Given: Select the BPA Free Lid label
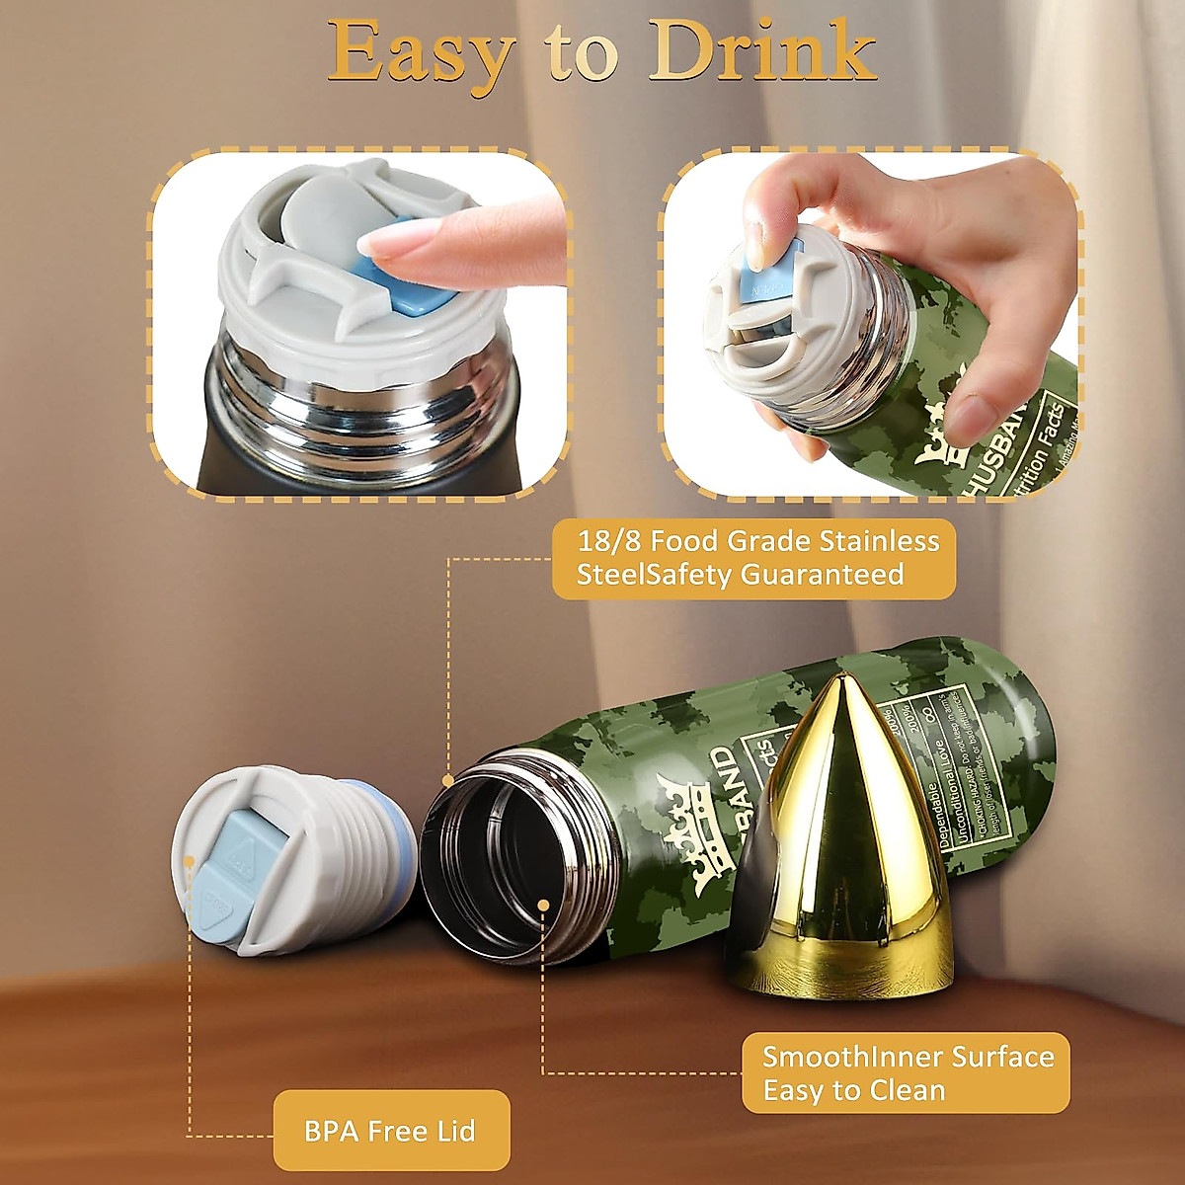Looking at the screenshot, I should [391, 1131].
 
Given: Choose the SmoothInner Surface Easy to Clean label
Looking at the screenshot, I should [906, 1073].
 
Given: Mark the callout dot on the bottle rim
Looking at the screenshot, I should [448, 780].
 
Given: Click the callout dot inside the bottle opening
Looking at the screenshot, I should [543, 904].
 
